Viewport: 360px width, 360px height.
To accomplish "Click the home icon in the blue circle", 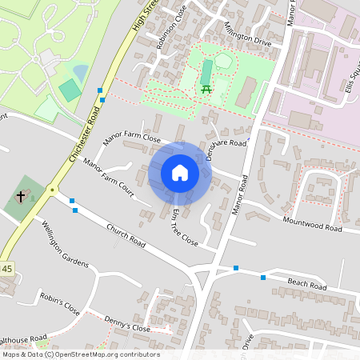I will coord(180,173).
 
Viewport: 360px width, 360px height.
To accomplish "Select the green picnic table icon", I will coord(206,89).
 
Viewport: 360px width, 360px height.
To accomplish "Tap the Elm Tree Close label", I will coord(184,226).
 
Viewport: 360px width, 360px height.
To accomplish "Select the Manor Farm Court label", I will coord(107,180).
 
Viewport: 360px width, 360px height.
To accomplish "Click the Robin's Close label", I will coord(61,304).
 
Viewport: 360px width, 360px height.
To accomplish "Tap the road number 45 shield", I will coord(6,268).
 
